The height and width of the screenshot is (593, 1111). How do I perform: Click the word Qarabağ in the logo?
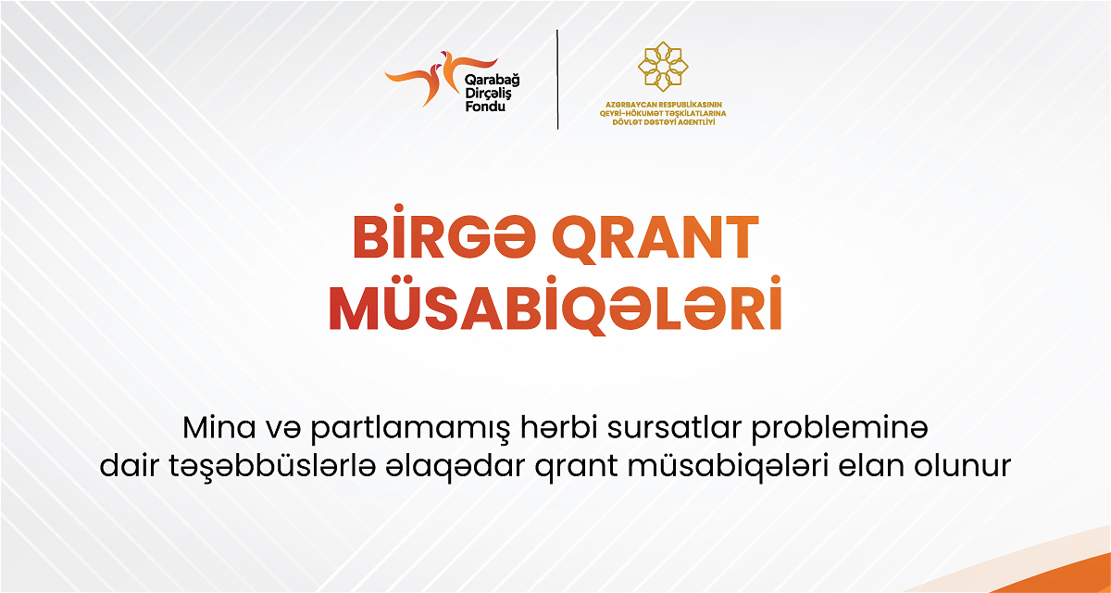click(492, 80)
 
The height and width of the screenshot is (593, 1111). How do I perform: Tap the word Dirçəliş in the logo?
click(489, 94)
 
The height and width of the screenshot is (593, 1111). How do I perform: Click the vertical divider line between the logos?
click(557, 80)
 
